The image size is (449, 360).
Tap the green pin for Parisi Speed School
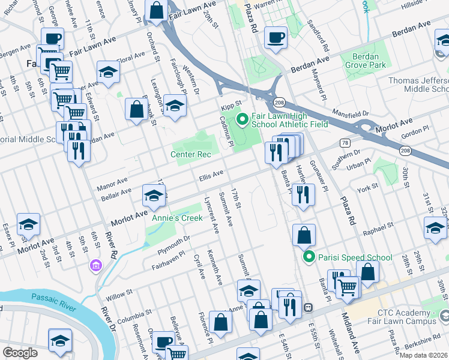309,257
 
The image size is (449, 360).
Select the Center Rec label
191,155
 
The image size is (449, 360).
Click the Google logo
20,353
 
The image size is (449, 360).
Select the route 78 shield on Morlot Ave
344,143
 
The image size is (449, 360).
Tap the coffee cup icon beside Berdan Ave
276,37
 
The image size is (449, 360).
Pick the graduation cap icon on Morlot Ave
154,196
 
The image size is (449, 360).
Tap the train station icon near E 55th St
308,307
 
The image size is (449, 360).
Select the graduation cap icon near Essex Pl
29,225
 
